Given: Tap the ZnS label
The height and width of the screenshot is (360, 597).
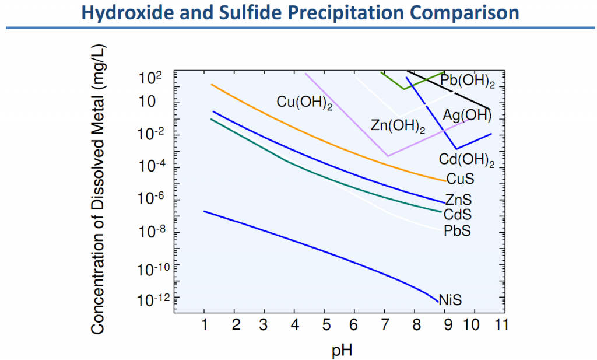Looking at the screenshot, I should tap(458, 200).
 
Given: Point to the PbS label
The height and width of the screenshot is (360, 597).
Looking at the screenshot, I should tap(457, 231).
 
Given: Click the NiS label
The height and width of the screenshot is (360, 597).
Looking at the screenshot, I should tap(450, 300).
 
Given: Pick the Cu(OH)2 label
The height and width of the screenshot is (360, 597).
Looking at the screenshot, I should tap(304, 103).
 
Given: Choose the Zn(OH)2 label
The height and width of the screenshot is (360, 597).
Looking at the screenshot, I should tap(398, 125).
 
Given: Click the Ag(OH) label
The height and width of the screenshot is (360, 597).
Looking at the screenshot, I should tap(467, 115).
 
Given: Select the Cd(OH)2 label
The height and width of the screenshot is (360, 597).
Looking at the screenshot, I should tap(466, 159).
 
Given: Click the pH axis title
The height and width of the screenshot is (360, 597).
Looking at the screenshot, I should tap(342, 350).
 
